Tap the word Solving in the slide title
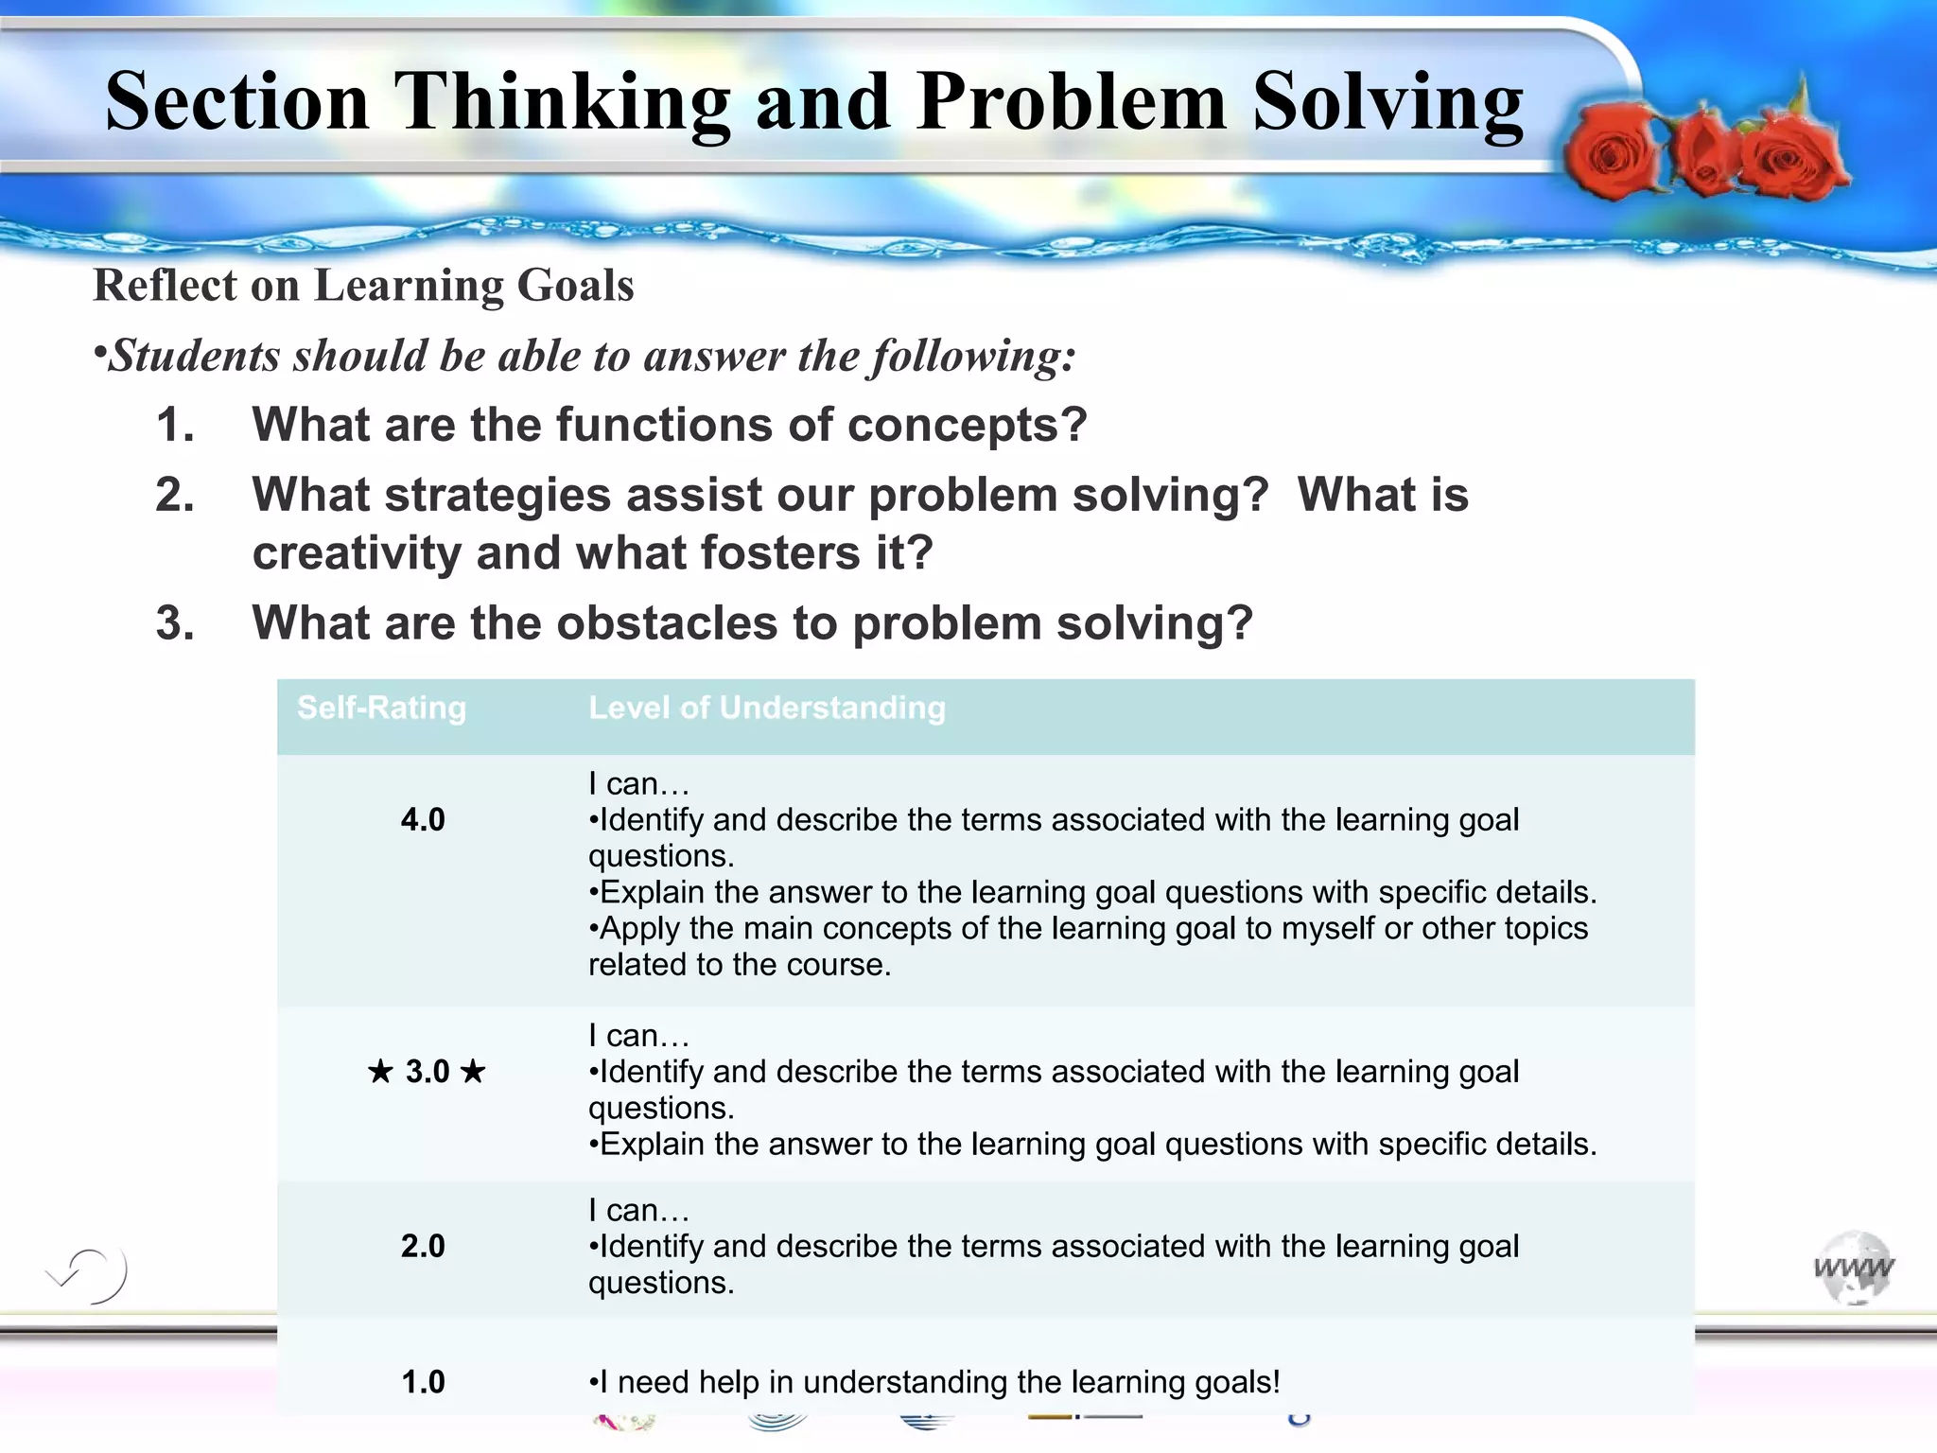click(x=1387, y=102)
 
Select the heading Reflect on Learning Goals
click(x=363, y=286)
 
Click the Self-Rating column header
click(x=381, y=708)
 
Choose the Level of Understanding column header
click(x=766, y=708)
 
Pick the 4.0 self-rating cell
click(x=423, y=819)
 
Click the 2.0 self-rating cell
click(x=423, y=1246)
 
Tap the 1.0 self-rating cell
click(x=423, y=1382)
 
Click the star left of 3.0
click(x=380, y=1072)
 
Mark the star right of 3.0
click(x=473, y=1072)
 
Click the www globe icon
click(x=1854, y=1268)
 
